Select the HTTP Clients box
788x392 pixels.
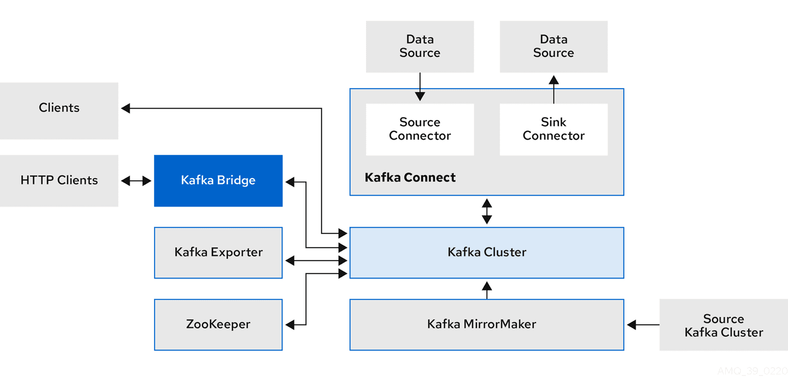click(59, 181)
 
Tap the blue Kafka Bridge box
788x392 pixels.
click(218, 181)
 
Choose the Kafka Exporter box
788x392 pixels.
click(218, 253)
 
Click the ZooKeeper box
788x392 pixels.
click(218, 325)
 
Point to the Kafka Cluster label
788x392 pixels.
click(487, 253)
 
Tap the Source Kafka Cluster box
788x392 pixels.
click(724, 325)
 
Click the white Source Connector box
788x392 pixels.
click(420, 129)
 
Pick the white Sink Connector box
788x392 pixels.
click(554, 129)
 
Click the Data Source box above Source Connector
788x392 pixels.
click(420, 47)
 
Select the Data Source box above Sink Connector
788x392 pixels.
click(554, 47)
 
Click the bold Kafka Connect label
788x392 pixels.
click(410, 178)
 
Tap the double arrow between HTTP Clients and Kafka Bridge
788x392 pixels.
click(136, 181)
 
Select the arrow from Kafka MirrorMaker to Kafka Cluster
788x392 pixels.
click(487, 289)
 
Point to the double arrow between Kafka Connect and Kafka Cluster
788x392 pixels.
click(487, 211)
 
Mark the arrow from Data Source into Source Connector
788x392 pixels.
click(420, 86)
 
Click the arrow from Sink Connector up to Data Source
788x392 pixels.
click(554, 89)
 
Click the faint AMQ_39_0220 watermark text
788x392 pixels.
click(752, 371)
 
